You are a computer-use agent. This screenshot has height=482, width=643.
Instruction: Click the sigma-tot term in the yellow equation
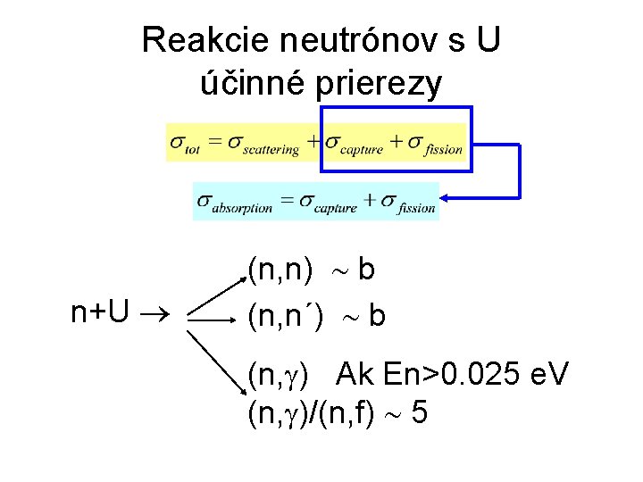[x=185, y=144]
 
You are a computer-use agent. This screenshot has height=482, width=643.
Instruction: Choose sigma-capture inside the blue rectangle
[x=354, y=145]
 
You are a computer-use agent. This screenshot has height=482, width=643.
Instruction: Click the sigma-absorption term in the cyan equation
[x=235, y=204]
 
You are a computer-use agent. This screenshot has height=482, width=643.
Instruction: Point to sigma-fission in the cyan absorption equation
[x=407, y=204]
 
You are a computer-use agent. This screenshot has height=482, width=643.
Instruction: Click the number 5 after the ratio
[x=419, y=412]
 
